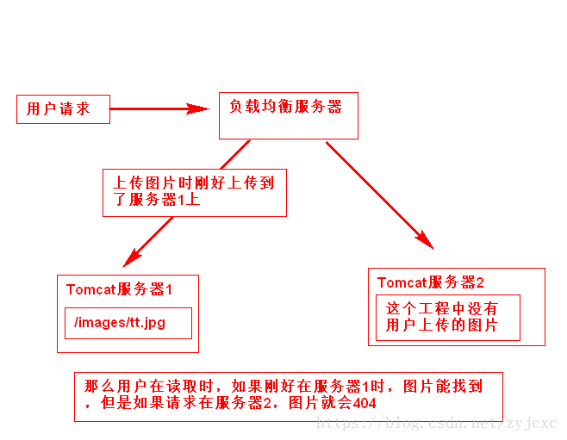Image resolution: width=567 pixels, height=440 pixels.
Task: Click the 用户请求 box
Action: (63, 109)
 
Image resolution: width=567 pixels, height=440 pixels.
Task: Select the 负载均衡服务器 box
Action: (288, 115)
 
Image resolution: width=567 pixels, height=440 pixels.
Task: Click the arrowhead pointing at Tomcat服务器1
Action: (131, 257)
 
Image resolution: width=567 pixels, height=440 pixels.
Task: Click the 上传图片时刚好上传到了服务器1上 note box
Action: (194, 191)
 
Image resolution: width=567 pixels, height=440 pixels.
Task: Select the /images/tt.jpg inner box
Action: (128, 323)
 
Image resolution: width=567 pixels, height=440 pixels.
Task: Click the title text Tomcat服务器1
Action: (119, 290)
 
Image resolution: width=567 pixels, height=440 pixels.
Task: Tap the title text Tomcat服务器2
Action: (430, 282)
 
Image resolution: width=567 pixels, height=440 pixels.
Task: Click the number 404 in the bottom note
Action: (364, 403)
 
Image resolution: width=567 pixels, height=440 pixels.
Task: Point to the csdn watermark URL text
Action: (437, 423)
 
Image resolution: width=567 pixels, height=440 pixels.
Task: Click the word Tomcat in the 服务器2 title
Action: (402, 282)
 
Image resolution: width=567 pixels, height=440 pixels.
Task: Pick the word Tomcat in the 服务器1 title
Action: (90, 290)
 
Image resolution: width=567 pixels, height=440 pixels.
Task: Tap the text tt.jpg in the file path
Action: (147, 323)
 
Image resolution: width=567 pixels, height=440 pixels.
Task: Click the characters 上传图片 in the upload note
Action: (146, 183)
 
